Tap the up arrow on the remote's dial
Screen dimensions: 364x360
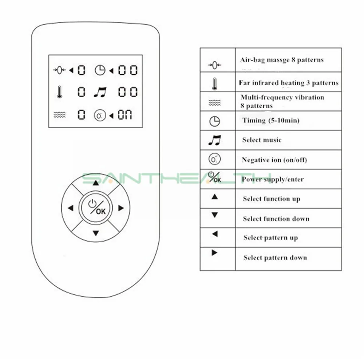[x=96, y=183]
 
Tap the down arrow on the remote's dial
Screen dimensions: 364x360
[x=96, y=233]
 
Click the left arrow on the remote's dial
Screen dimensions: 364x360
[x=71, y=208]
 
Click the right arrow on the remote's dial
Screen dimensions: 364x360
[x=121, y=208]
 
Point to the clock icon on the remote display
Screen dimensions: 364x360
[x=100, y=70]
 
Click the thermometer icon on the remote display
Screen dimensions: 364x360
[x=59, y=92]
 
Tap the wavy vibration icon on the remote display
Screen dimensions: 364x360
[x=59, y=116]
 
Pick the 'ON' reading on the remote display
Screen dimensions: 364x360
[x=125, y=116]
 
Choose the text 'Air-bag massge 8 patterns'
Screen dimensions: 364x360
[x=281, y=60]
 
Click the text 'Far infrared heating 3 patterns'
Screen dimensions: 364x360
[x=288, y=83]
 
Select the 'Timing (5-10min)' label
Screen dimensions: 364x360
[x=271, y=120]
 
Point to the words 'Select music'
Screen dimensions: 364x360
[x=262, y=140]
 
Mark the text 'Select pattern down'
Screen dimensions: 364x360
[x=275, y=258]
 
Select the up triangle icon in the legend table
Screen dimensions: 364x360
[x=215, y=197]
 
